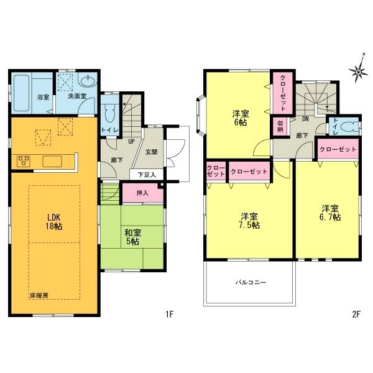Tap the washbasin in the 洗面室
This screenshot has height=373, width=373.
[88, 81]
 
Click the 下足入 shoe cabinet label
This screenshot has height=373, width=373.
[146, 175]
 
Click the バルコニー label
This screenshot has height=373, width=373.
[251, 282]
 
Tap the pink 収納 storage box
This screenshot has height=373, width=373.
[280, 126]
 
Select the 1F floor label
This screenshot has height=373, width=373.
[168, 314]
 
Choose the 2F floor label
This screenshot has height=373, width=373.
[356, 314]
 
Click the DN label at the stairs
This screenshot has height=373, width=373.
[306, 118]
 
